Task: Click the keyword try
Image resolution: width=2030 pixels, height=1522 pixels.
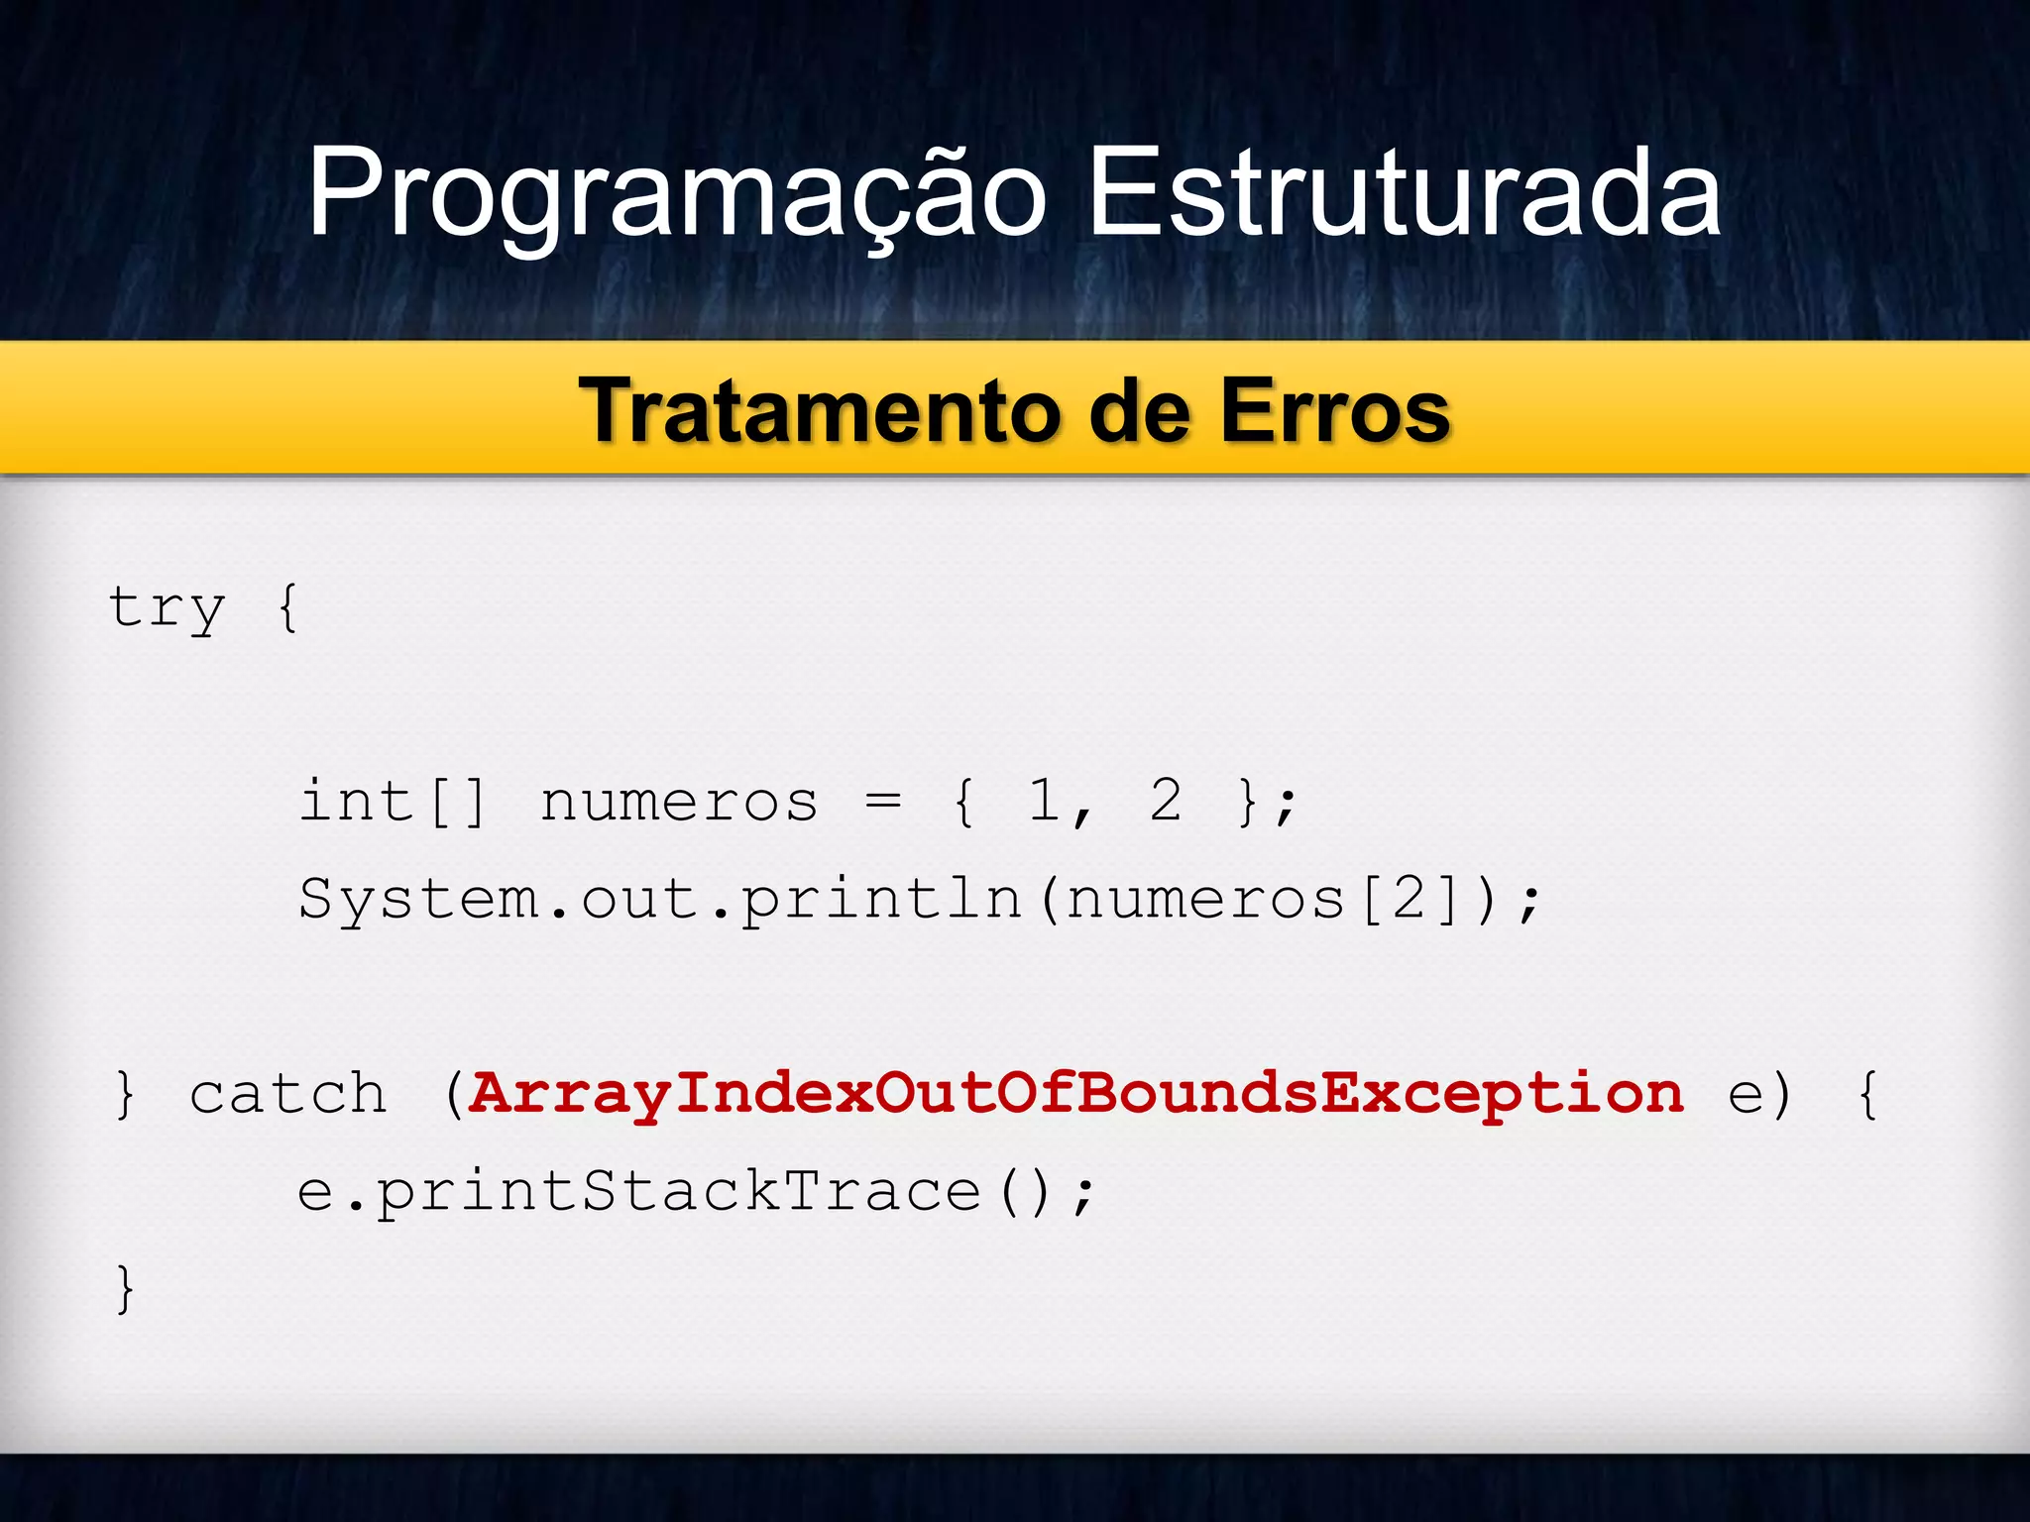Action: tap(167, 607)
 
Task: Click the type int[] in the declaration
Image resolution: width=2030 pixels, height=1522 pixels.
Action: tap(394, 802)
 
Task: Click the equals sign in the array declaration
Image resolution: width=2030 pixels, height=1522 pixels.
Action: tap(882, 802)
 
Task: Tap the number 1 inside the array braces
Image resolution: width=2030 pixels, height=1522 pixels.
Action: tap(1044, 800)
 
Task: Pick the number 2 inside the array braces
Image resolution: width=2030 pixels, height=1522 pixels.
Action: tap(1166, 800)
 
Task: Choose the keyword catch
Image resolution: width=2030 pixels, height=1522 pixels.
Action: tap(287, 1095)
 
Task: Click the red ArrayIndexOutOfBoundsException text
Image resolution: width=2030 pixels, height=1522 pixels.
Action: tap(1075, 1095)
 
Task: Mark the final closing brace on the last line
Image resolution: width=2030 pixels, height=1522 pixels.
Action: tap(125, 1289)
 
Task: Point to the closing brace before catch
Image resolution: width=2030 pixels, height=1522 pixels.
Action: tap(125, 1095)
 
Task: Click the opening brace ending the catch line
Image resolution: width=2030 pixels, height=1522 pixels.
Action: tap(1868, 1095)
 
